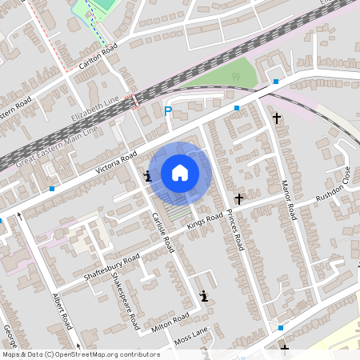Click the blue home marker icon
coord(180,173)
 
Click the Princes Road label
coord(233,230)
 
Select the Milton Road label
coord(170,322)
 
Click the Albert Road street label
coord(62,311)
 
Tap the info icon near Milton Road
coord(205,296)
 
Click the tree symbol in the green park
coord(235,78)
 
